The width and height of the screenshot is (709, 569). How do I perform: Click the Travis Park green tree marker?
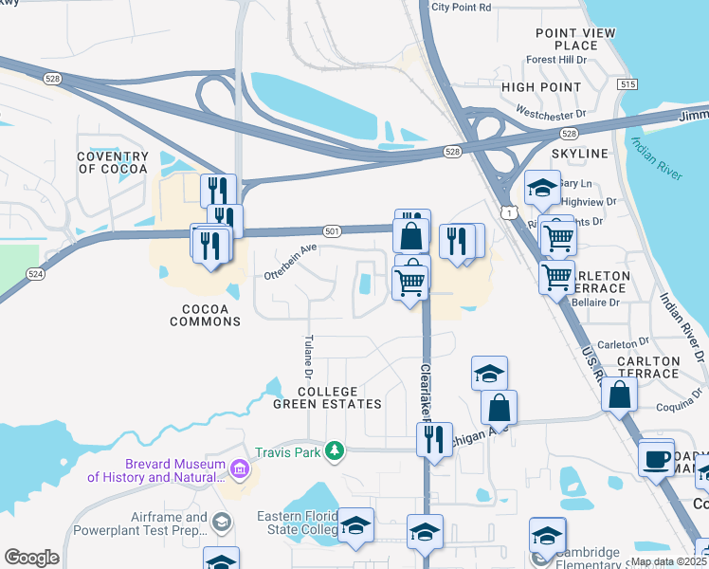(333, 450)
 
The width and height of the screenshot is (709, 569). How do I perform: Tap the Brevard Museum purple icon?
(238, 468)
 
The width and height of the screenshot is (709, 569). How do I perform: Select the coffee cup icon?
(655, 459)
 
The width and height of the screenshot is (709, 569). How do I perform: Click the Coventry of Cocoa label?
(113, 162)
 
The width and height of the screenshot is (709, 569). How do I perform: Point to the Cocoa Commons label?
(205, 315)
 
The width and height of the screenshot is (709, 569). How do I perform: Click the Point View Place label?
(574, 39)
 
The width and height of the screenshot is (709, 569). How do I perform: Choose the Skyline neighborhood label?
(579, 154)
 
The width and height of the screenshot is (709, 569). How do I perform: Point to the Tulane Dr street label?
(308, 356)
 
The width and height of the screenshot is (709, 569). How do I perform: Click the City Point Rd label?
(461, 7)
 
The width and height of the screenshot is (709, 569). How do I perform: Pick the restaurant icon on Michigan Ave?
(435, 439)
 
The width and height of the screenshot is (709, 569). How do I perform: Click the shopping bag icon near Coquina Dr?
(619, 395)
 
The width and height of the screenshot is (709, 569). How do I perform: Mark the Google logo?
(32, 558)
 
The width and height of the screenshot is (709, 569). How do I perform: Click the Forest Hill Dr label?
(558, 60)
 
